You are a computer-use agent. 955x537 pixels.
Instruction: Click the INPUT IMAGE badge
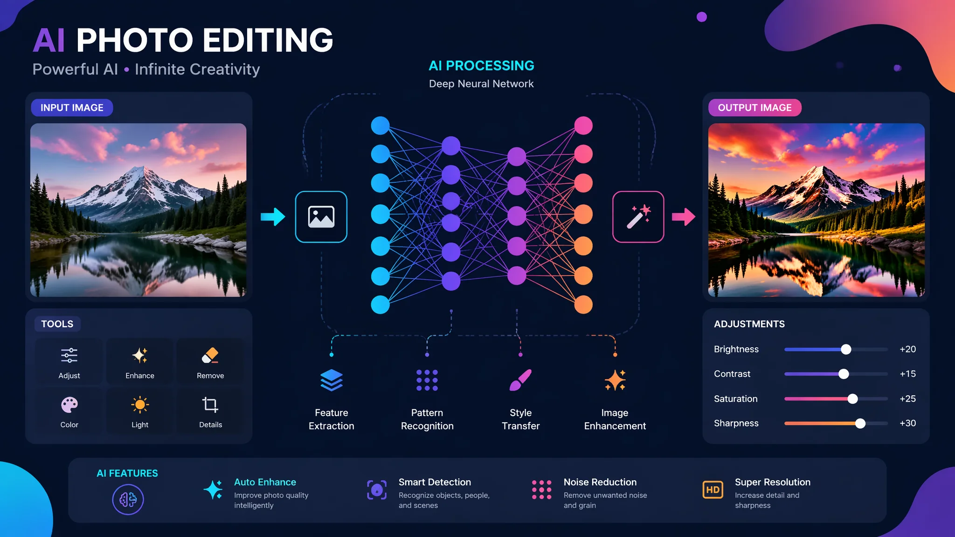pyautogui.click(x=72, y=108)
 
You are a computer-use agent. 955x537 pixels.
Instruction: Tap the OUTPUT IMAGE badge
pyautogui.click(x=754, y=108)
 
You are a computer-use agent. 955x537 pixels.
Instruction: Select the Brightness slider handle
pyautogui.click(x=846, y=349)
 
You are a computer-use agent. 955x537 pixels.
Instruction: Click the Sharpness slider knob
pyautogui.click(x=860, y=423)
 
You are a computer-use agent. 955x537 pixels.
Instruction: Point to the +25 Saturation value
pyautogui.click(x=907, y=399)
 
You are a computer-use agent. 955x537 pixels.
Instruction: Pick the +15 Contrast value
pyautogui.click(x=907, y=374)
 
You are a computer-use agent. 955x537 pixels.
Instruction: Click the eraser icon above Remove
pyautogui.click(x=210, y=355)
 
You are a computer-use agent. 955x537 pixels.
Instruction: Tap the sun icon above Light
pyautogui.click(x=140, y=405)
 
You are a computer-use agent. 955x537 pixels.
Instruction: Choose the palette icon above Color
pyautogui.click(x=69, y=405)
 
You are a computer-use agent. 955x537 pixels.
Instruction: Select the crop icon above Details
pyautogui.click(x=210, y=405)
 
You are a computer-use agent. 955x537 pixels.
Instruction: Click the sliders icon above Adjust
pyautogui.click(x=69, y=355)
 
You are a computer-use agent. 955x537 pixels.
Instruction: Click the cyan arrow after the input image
pyautogui.click(x=273, y=216)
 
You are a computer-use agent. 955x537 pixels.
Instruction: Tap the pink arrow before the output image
pyautogui.click(x=684, y=216)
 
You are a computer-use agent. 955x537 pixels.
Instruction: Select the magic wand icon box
pyautogui.click(x=638, y=217)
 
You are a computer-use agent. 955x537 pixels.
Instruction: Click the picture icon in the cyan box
pyautogui.click(x=321, y=217)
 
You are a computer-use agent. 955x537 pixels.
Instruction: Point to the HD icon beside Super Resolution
pyautogui.click(x=713, y=489)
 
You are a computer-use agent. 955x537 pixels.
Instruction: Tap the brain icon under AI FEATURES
pyautogui.click(x=128, y=499)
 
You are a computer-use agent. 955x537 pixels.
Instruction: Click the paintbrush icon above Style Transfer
pyautogui.click(x=520, y=380)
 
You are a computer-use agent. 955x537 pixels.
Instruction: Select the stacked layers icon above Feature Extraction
pyautogui.click(x=332, y=380)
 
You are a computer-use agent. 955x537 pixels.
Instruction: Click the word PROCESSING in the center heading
pyautogui.click(x=490, y=66)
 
